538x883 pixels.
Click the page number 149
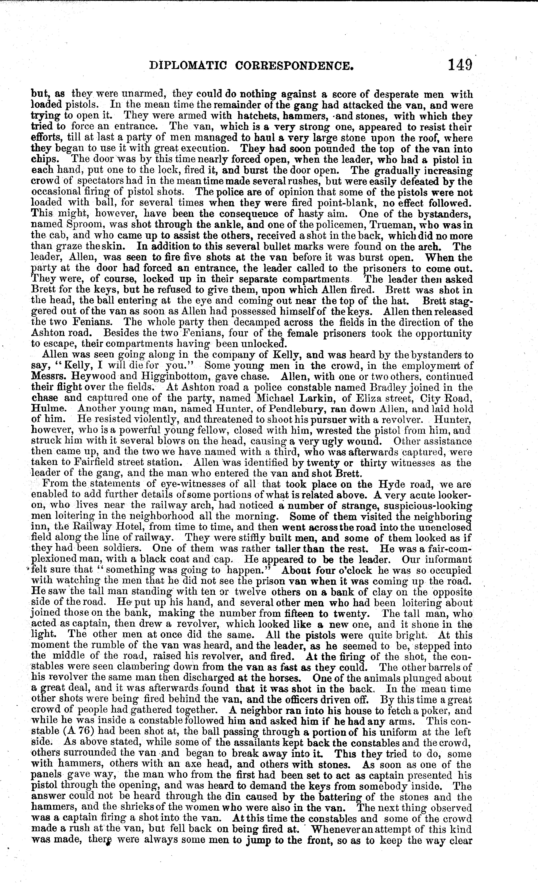tap(460, 65)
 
